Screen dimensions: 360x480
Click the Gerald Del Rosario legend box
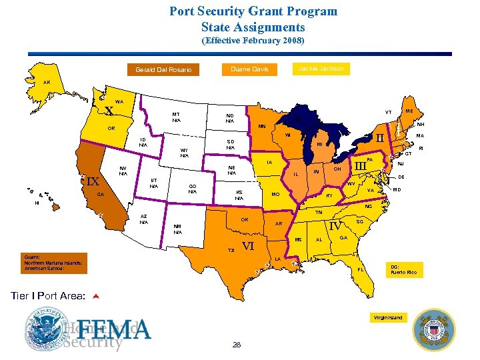click(163, 70)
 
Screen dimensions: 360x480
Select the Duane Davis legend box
click(249, 69)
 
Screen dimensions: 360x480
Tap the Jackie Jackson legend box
click(321, 68)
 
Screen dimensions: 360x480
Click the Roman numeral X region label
click(109, 111)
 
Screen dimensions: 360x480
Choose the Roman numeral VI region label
click(249, 246)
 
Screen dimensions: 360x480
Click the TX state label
click(231, 250)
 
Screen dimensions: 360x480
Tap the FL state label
click(360, 269)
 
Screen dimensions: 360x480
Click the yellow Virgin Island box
click(388, 318)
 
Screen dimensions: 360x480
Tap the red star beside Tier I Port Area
click(95, 295)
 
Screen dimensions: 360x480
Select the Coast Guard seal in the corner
click(434, 329)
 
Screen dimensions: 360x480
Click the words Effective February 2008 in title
click(253, 41)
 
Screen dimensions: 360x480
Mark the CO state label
click(193, 189)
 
